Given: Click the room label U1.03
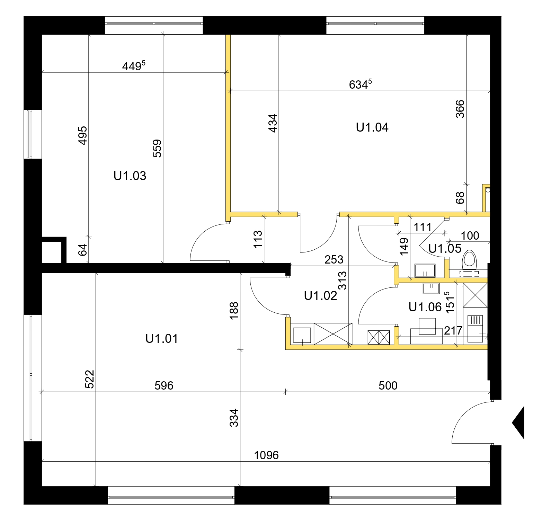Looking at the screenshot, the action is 130,176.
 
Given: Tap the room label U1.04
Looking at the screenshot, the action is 372,127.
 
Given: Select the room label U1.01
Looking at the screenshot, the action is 162,338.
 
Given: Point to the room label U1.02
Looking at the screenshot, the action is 320,295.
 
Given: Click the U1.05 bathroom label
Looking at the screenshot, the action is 445,248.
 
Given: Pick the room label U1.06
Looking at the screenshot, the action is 425,307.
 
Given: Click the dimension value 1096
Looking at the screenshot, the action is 266,455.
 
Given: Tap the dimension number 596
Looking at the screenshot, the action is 164,385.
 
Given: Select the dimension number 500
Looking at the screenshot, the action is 388,385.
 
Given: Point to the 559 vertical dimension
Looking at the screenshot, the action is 157,148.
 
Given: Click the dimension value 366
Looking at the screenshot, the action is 460,109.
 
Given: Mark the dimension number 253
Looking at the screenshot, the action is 334,259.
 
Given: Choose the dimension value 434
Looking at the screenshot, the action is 273,123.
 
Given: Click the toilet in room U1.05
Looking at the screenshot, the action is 469,259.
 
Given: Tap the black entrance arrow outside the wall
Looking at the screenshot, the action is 518,423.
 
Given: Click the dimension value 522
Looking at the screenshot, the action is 89,379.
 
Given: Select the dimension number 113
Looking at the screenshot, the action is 258,239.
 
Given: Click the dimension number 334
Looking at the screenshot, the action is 234,418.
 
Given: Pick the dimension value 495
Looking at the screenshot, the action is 82,135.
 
